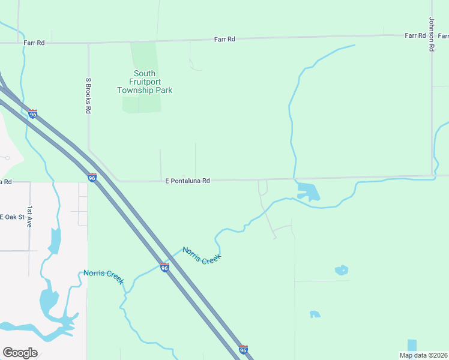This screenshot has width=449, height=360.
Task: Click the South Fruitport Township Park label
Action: pyautogui.click(x=145, y=82)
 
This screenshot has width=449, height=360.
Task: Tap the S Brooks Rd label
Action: pyautogui.click(x=88, y=95)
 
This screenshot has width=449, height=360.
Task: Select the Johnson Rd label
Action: pyautogui.click(x=431, y=34)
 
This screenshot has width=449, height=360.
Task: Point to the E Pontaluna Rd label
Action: pyautogui.click(x=187, y=180)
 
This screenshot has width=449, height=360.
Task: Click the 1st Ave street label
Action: pyautogui.click(x=29, y=216)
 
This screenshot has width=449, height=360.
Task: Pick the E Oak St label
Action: pyautogui.click(x=11, y=217)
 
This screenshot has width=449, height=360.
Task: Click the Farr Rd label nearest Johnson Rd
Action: pyautogui.click(x=415, y=35)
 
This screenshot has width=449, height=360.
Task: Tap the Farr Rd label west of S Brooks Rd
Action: pyautogui.click(x=34, y=43)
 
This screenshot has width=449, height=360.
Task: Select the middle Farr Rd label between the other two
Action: pyautogui.click(x=224, y=39)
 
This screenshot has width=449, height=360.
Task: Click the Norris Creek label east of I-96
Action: pyautogui.click(x=202, y=256)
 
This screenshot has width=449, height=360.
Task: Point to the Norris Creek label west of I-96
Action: pyautogui.click(x=104, y=277)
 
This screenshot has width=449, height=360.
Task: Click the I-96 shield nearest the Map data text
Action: pyautogui.click(x=243, y=350)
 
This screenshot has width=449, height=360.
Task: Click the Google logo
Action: pyautogui.click(x=20, y=353)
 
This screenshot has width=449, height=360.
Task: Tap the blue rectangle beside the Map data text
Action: pyautogui.click(x=411, y=345)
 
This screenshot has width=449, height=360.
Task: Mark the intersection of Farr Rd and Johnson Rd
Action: pyautogui.click(x=432, y=35)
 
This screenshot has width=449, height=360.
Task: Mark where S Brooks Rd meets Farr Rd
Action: pyautogui.click(x=89, y=43)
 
